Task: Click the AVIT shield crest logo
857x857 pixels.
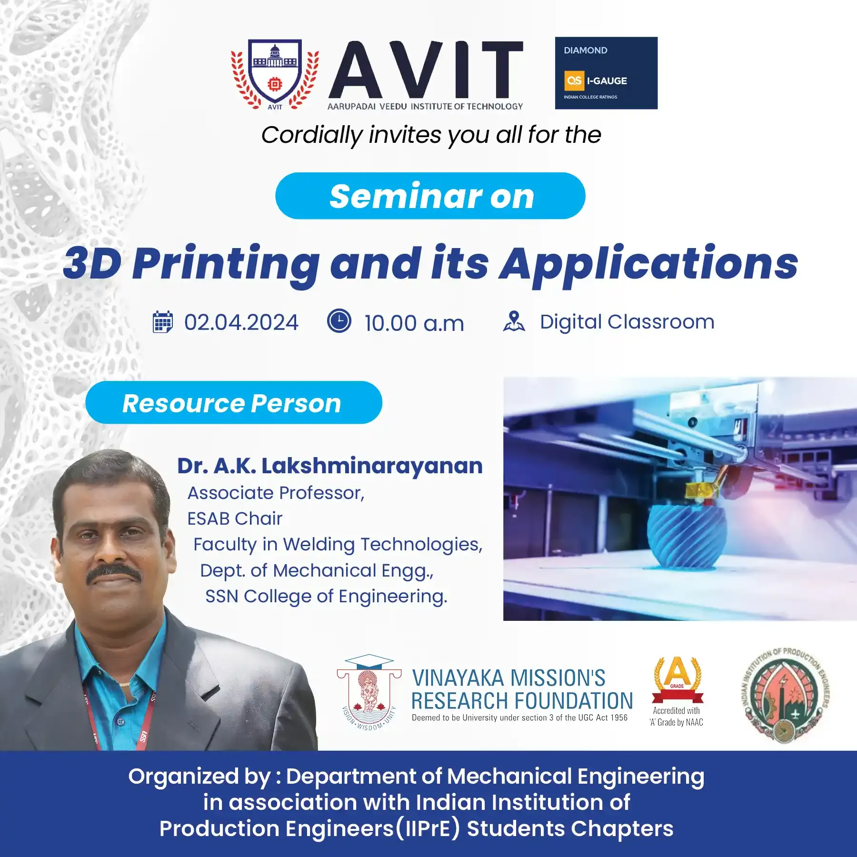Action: click(x=275, y=74)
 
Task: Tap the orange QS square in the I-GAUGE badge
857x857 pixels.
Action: click(x=574, y=80)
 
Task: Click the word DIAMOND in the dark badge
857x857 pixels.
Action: click(x=585, y=50)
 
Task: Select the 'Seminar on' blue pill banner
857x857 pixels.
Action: click(x=430, y=196)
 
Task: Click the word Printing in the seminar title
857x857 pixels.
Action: click(x=226, y=265)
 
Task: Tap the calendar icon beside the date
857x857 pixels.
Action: click(x=162, y=322)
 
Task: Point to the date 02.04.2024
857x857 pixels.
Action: click(x=241, y=322)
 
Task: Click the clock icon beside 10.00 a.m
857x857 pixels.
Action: click(x=339, y=321)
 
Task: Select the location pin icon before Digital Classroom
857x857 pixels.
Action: click(x=514, y=321)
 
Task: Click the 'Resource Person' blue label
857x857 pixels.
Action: click(x=234, y=403)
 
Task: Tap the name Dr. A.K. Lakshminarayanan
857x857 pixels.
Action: click(x=330, y=466)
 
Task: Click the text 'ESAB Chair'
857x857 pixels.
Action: click(x=235, y=518)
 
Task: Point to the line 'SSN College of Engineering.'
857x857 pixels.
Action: click(x=326, y=597)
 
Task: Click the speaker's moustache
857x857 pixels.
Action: click(x=114, y=573)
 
